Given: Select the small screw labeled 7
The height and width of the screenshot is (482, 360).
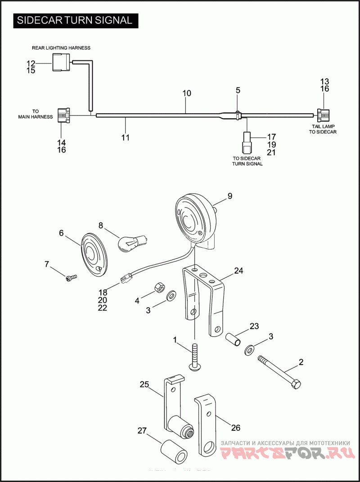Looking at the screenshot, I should [x=71, y=278].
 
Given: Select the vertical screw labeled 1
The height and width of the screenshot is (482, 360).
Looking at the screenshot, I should [x=195, y=357].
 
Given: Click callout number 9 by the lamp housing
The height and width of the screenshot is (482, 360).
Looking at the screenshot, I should [x=229, y=196].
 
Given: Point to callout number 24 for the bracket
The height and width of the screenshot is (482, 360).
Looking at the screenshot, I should [x=238, y=271].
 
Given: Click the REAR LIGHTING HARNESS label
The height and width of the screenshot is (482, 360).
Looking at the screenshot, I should [x=61, y=48].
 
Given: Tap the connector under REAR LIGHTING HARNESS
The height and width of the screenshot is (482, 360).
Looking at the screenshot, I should [x=61, y=62].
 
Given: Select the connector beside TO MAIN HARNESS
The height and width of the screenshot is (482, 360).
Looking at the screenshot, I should [x=63, y=116].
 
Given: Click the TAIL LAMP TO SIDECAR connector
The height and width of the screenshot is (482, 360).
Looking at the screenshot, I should [x=322, y=116].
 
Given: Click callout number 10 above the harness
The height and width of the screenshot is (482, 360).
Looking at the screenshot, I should [x=187, y=94].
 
